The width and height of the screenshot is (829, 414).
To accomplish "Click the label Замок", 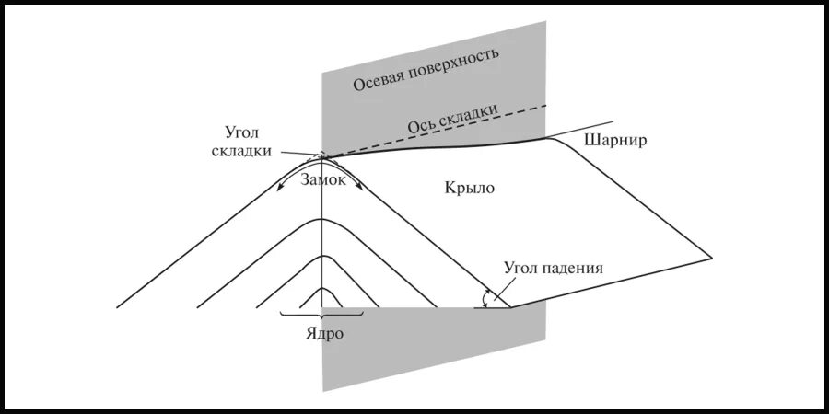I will (x=322, y=180).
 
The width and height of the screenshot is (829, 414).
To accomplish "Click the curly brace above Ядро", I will (x=321, y=316).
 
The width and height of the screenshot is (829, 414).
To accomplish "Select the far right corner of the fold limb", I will (x=713, y=256).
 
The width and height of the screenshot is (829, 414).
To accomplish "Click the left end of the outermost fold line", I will (x=119, y=306).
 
